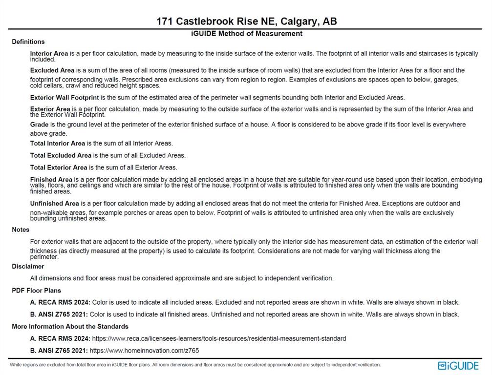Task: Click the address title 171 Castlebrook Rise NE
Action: point(246,21)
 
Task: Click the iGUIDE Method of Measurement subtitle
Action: point(246,34)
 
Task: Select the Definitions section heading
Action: point(28,42)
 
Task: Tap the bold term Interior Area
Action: point(49,53)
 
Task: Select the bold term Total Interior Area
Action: point(57,144)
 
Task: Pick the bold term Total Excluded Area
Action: point(61,155)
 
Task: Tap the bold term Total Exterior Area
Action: point(59,167)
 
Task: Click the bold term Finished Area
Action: point(51,180)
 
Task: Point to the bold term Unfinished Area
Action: point(54,203)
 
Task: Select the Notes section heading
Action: point(21,229)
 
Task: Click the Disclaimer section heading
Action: point(28,266)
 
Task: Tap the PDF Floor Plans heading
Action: point(36,291)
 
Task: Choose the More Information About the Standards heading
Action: point(70,326)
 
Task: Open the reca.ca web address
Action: point(218,338)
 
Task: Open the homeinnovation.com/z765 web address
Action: point(144,351)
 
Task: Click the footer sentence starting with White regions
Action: point(195,365)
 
